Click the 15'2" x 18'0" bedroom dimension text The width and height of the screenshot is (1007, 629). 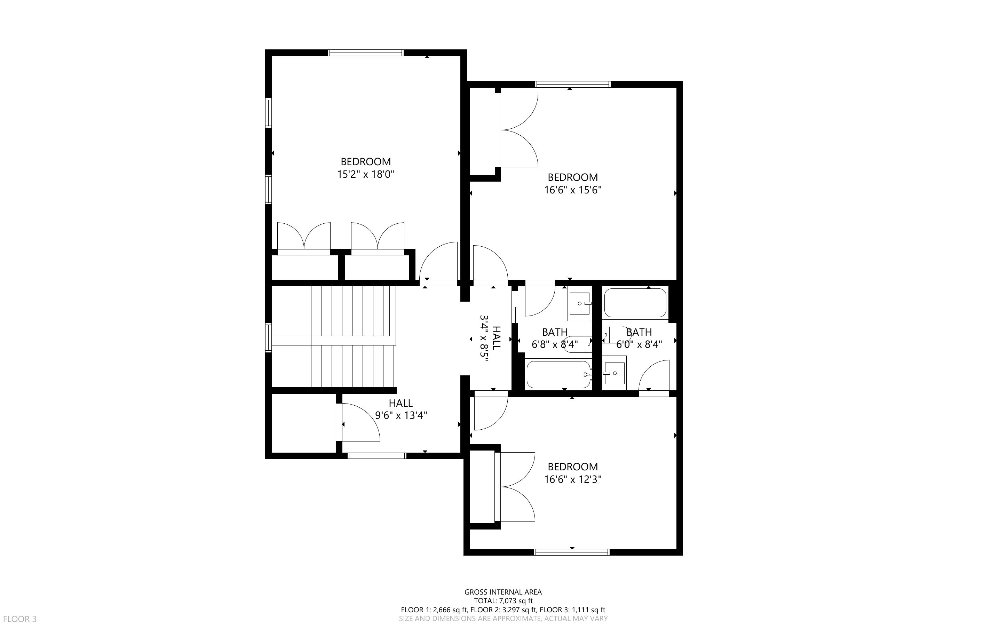365,174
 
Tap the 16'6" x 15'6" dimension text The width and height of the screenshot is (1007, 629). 573,190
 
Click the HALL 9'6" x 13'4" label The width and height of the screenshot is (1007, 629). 401,409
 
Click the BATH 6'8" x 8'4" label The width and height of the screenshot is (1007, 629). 555,338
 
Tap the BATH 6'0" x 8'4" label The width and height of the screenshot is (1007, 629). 639,338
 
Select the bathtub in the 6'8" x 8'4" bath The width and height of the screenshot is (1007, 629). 558,374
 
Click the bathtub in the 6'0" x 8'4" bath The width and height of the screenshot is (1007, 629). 635,303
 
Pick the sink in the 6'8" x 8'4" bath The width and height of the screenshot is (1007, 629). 580,304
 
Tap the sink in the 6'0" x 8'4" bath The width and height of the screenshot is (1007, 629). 614,373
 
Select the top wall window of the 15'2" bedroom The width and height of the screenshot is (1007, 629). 366,53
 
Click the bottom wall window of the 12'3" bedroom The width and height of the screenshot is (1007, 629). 572,552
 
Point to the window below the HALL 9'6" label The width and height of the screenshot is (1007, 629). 377,455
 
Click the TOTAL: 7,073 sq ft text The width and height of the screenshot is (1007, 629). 503,601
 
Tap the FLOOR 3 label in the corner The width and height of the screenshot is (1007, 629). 19,619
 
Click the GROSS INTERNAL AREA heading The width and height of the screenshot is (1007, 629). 503,591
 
